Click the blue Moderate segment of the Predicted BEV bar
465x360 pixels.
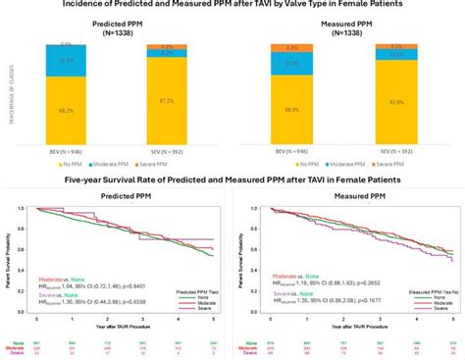tap(65, 61)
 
